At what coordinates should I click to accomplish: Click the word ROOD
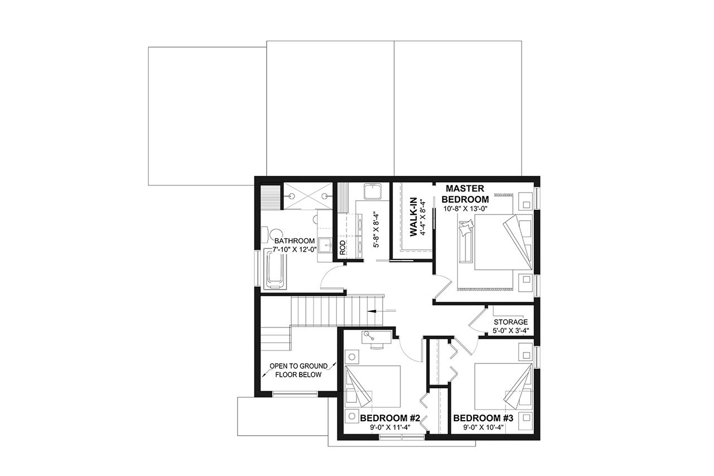pyautogui.click(x=342, y=248)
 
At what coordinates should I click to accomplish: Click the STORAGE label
pyautogui.click(x=510, y=323)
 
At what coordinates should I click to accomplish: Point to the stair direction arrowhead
pyautogui.click(x=370, y=311)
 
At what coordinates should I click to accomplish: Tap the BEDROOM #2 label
pyautogui.click(x=389, y=418)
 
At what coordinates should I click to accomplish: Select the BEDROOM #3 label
pyautogui.click(x=483, y=418)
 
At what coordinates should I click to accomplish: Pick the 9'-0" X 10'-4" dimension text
pyautogui.click(x=483, y=428)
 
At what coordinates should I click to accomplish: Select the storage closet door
pyautogui.click(x=477, y=321)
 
